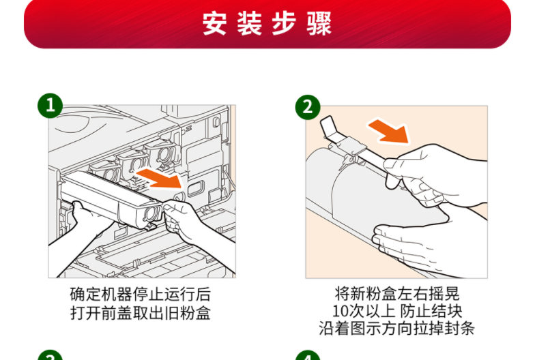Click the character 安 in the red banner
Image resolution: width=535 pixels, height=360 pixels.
214,23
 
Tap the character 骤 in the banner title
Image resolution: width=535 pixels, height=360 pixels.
319,23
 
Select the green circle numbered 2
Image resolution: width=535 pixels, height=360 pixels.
308,107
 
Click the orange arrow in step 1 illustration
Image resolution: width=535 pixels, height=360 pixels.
160,179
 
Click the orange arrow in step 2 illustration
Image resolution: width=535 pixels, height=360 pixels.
389,131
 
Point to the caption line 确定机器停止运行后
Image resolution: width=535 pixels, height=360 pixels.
141,295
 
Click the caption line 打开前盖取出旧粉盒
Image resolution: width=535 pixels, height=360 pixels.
141,313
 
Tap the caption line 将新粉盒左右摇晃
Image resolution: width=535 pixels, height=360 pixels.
397,293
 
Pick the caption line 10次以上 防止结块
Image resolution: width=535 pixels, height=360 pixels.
397,311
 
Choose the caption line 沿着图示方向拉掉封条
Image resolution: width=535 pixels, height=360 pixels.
397,329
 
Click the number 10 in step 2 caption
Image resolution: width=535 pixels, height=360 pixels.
340,311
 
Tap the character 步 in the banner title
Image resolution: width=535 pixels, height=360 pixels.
284,23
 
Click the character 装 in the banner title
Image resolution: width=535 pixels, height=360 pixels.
250,23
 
